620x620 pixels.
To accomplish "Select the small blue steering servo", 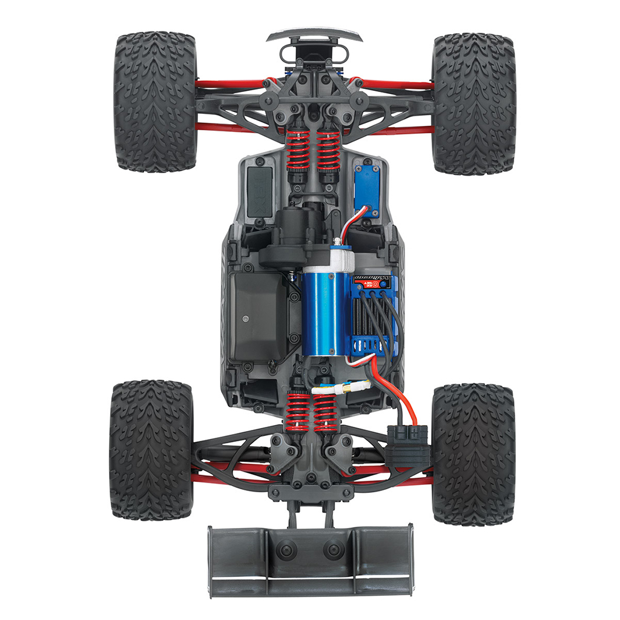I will pyautogui.click(x=367, y=188).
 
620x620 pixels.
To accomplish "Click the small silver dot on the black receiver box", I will pyautogui.click(x=246, y=317).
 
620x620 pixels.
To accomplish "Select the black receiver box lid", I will pyautogui.click(x=258, y=315).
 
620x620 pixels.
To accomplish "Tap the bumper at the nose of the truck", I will pyautogui.click(x=314, y=35).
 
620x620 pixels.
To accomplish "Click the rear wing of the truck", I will pyautogui.click(x=310, y=559).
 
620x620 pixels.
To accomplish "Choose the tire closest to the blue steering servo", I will pyautogui.click(x=473, y=103).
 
